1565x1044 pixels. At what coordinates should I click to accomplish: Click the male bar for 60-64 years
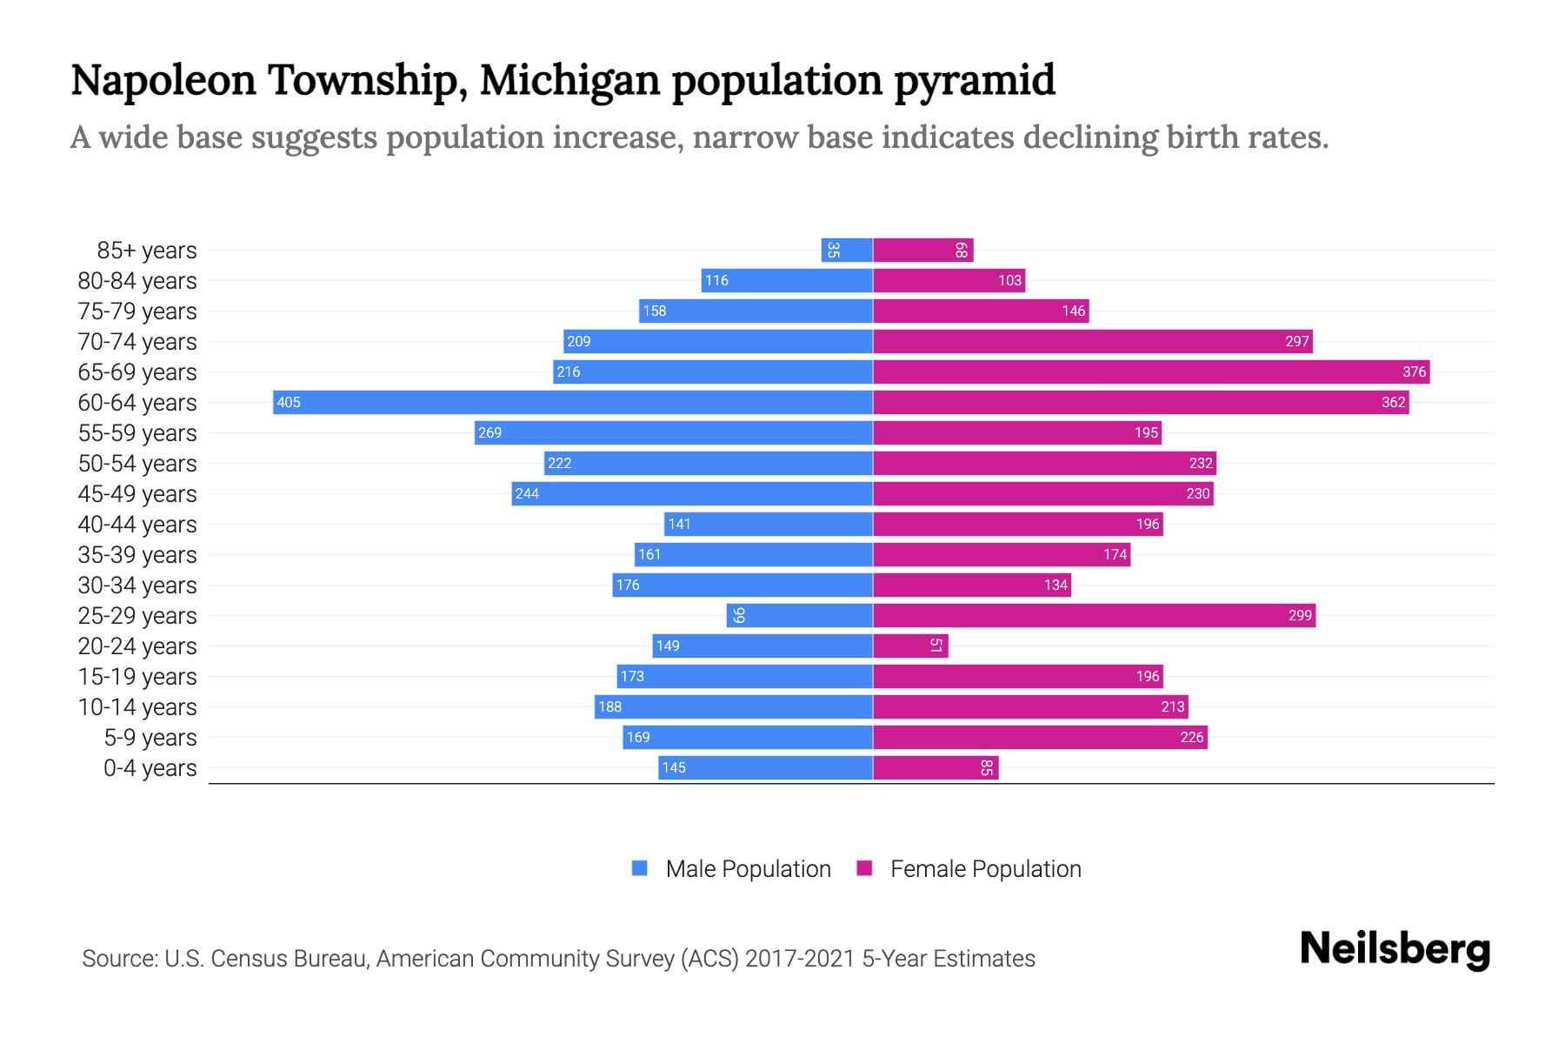tap(573, 402)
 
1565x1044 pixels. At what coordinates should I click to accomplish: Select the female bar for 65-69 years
tap(1151, 371)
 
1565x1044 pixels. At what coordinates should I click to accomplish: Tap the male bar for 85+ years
tap(847, 250)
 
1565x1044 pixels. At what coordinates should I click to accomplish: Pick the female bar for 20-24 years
tap(910, 646)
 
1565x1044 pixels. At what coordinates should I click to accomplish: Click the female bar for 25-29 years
tap(1094, 615)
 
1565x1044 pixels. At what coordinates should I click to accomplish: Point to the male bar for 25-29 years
tap(800, 615)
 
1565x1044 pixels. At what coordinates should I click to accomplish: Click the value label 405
tap(289, 402)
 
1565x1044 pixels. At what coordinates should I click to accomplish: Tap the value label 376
tap(1414, 371)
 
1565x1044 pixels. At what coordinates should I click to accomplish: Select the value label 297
tap(1296, 341)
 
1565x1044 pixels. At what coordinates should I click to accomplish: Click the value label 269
tap(489, 432)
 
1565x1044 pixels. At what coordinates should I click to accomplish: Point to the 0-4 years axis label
tap(150, 768)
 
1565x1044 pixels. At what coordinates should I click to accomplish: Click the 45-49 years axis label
tap(137, 494)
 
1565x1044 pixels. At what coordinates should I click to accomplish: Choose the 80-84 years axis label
tap(137, 281)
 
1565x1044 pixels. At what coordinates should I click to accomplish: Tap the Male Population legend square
tap(640, 868)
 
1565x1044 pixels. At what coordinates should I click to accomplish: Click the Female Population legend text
tap(985, 868)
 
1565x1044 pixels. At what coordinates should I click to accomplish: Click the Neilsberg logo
tap(1395, 949)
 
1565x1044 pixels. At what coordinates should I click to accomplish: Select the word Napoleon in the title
tap(163, 80)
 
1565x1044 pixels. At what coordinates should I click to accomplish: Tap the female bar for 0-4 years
tap(936, 767)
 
